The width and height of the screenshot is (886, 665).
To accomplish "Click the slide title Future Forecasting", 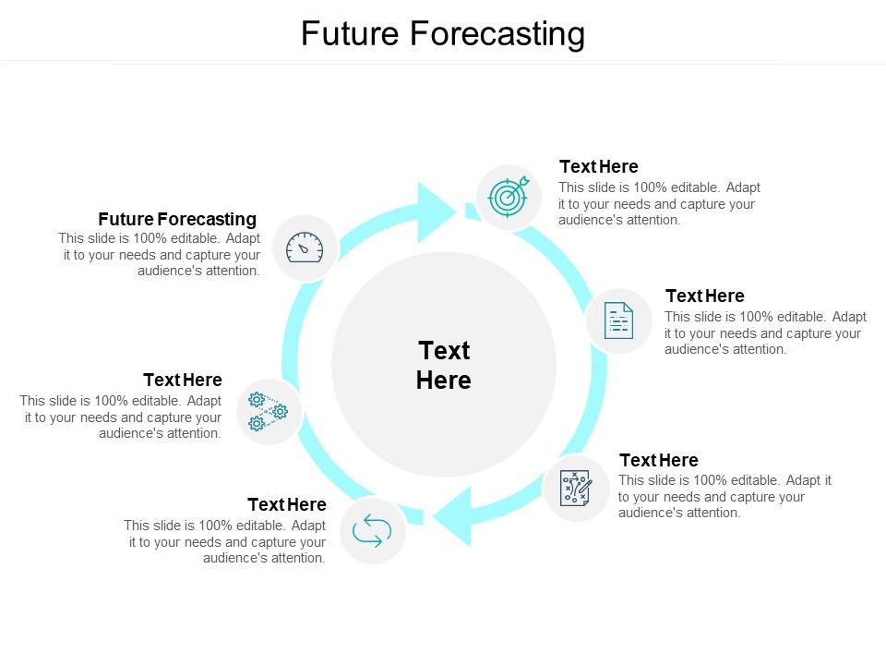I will tap(443, 34).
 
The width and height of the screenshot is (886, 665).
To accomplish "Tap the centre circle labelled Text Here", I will tap(444, 365).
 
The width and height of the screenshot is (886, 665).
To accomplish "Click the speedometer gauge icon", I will tap(305, 248).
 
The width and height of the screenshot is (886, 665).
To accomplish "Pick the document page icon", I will tap(618, 321).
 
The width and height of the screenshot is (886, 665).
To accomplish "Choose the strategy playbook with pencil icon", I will tap(576, 489).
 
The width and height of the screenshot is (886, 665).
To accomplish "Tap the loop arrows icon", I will tap(373, 531).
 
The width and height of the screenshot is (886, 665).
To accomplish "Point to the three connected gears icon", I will tap(269, 412).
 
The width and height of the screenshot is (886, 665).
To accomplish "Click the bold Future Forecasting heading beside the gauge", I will tap(177, 219).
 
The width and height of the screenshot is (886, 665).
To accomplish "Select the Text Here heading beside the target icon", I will tap(599, 166).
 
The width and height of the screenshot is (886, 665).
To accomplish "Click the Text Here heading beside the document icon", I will tap(704, 296).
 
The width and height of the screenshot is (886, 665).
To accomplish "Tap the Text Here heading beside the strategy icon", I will tap(658, 460).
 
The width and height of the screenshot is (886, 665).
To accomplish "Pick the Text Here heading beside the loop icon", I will tap(286, 504).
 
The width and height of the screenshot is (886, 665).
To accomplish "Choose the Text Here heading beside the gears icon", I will tap(183, 380).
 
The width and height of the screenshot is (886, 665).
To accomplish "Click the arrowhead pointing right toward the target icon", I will tap(436, 212).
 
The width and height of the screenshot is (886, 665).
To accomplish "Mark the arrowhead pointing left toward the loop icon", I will tap(453, 515).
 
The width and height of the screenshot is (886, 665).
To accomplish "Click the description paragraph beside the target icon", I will tap(659, 203).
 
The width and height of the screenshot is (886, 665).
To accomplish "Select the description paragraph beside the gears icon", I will tap(121, 417).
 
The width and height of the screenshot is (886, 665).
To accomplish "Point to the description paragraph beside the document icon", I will tap(765, 332).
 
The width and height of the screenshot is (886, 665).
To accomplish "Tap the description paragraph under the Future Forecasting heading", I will tap(160, 254).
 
